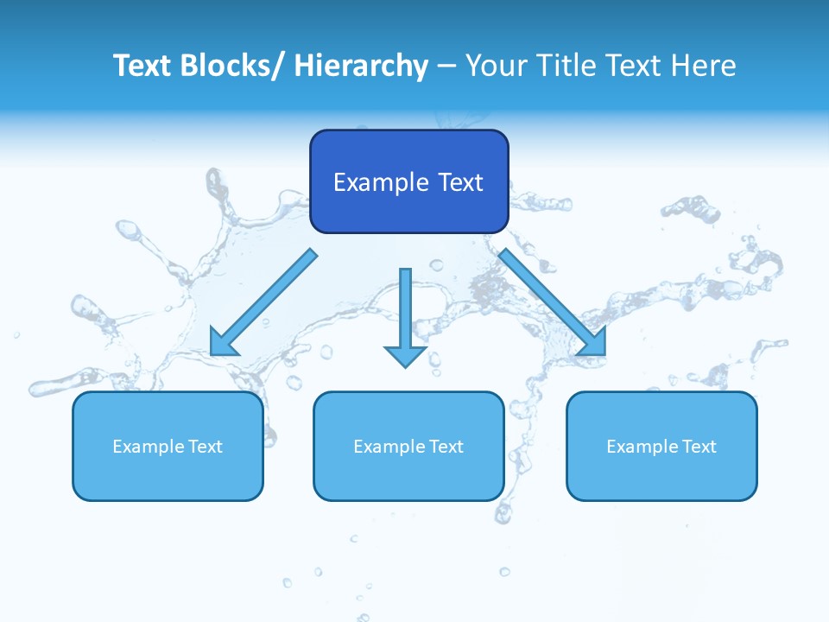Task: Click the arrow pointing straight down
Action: [405, 311]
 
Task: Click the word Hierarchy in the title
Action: [361, 66]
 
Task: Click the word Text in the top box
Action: [459, 182]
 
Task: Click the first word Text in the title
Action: [142, 66]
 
